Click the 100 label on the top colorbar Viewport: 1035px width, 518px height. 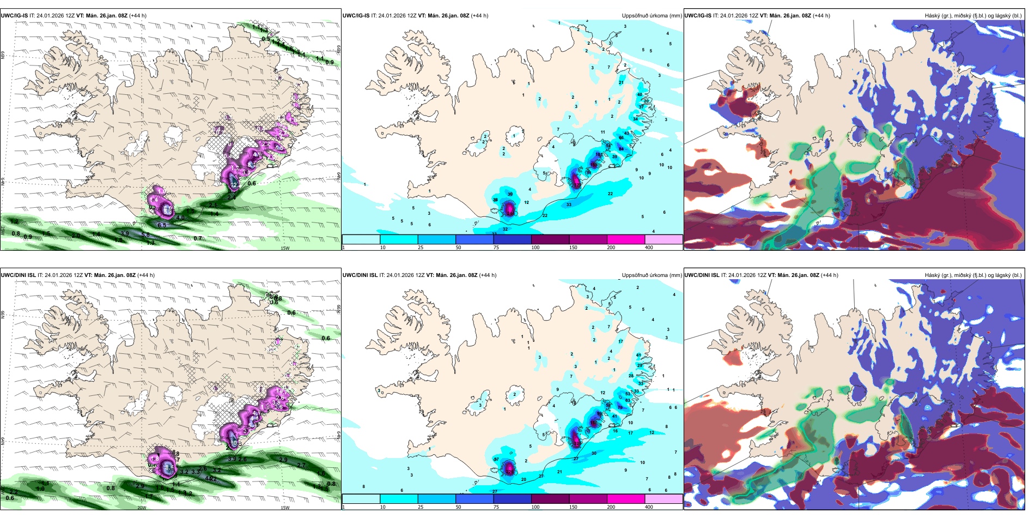click(535, 248)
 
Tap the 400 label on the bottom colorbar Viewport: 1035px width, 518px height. click(649, 507)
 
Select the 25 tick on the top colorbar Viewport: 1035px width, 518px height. click(421, 248)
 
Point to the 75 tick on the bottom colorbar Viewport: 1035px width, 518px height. click(496, 507)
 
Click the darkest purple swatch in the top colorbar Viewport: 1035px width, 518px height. click(550, 239)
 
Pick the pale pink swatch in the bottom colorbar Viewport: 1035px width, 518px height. click(663, 498)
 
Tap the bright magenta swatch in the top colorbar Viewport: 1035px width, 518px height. click(626, 239)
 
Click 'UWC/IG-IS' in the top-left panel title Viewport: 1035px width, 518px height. click(14, 16)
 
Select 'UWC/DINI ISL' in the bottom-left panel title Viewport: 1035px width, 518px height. click(18, 275)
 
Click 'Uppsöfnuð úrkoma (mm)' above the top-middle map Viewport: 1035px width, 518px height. click(652, 16)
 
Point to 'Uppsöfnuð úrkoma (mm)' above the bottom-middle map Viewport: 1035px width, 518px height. click(652, 275)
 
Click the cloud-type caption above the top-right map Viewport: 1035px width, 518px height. click(973, 16)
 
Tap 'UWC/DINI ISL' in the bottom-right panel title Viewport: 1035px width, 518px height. click(702, 275)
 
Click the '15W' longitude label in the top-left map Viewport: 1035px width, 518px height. click(284, 248)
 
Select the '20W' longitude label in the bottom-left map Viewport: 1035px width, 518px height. click(142, 508)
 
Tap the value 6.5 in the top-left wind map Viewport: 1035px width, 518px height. click(162, 225)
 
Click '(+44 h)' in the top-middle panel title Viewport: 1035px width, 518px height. click(479, 16)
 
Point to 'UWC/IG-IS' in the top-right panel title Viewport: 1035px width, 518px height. click(698, 16)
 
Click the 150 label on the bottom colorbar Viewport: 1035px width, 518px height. click(573, 507)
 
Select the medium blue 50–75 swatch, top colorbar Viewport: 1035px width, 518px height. click(474, 239)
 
